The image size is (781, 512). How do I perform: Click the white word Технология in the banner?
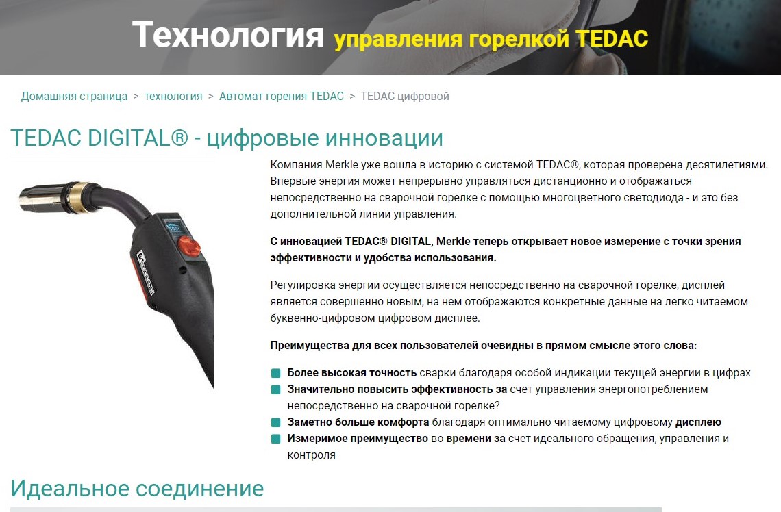[228, 35]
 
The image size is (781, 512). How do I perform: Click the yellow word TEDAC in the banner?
[612, 39]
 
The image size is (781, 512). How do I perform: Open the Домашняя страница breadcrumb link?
[74, 96]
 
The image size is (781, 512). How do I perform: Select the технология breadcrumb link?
[173, 96]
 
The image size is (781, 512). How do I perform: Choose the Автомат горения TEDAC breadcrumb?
[282, 96]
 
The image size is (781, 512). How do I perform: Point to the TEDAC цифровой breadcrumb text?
[405, 96]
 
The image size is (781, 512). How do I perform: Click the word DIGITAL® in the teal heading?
[138, 138]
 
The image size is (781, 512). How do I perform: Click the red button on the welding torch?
[190, 246]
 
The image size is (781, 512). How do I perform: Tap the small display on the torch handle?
[175, 229]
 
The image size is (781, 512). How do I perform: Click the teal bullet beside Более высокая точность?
[275, 373]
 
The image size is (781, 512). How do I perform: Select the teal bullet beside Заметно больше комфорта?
[275, 422]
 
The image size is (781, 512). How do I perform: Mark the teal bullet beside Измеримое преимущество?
[275, 439]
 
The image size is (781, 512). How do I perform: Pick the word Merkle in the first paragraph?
[342, 165]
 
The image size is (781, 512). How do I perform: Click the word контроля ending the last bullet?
[311, 455]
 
